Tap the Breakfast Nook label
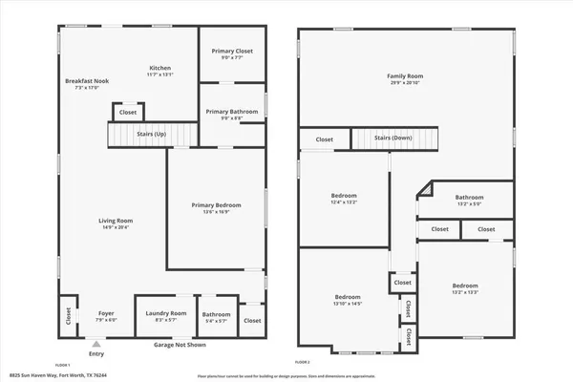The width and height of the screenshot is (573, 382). click(x=87, y=81)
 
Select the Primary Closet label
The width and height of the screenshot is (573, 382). click(x=232, y=50)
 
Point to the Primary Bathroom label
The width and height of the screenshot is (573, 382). click(x=232, y=112)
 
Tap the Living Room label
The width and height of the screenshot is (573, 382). click(x=115, y=222)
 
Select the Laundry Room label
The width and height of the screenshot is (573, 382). click(x=164, y=313)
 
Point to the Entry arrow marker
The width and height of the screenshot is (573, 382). click(x=95, y=342)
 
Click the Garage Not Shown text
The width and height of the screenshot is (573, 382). click(x=180, y=344)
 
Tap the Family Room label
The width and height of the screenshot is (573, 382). click(x=405, y=75)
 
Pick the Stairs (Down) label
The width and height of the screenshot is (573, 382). click(x=393, y=138)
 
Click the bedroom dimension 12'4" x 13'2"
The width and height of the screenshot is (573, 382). click(x=344, y=202)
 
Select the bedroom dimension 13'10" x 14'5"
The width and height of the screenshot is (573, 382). click(x=348, y=304)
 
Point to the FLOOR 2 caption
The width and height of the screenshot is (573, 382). click(x=303, y=363)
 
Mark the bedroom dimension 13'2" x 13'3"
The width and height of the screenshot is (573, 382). click(x=465, y=292)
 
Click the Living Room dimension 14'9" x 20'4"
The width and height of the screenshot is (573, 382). click(x=115, y=227)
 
